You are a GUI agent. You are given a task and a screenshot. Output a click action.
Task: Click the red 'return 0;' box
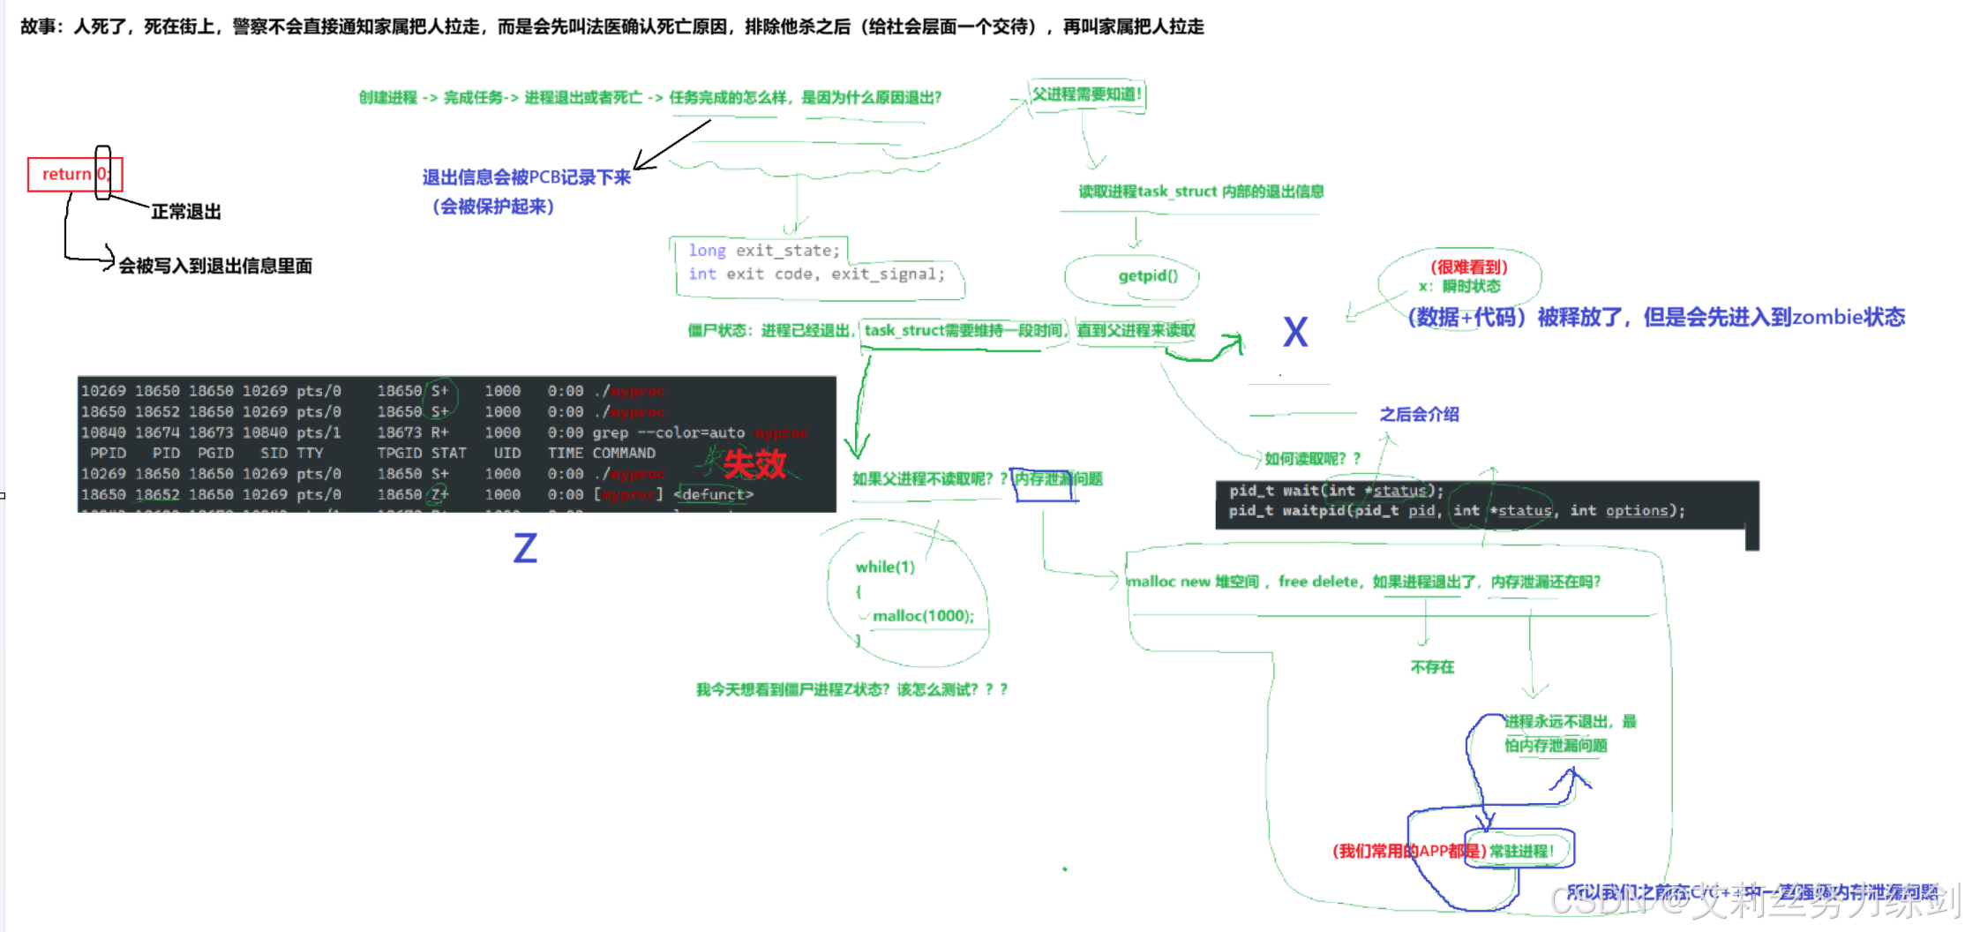[74, 174]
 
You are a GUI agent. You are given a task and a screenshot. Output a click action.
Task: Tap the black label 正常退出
[186, 212]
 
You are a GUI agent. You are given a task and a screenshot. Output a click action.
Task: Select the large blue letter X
[1294, 333]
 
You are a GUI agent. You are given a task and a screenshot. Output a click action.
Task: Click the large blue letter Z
[525, 549]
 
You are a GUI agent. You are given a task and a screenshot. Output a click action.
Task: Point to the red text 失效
[754, 464]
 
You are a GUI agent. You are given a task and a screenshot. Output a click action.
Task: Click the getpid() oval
[1147, 276]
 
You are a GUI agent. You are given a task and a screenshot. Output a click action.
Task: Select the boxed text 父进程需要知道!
[1087, 94]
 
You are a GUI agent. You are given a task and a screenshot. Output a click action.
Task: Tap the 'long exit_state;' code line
[764, 251]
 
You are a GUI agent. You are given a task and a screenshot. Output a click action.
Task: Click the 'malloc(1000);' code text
[923, 616]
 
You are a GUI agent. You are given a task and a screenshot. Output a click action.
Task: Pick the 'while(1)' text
[885, 567]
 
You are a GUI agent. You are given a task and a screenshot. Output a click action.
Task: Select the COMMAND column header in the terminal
[624, 453]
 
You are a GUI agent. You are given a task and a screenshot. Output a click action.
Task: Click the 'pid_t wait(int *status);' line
[1336, 491]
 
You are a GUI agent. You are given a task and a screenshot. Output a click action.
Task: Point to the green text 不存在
[1432, 667]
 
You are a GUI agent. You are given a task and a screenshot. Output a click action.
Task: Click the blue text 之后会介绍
[1419, 415]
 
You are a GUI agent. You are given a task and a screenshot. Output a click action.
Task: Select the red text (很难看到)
[1469, 267]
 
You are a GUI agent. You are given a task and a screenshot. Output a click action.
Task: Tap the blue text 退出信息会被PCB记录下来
[526, 177]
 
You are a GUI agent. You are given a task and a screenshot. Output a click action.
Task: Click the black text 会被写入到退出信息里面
[215, 267]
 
